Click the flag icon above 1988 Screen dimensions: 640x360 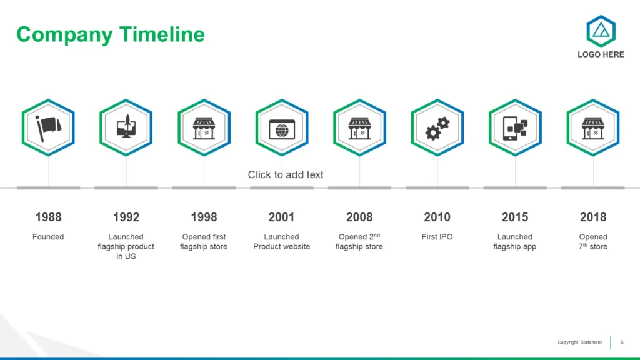[x=49, y=127]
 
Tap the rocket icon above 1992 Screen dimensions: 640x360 [x=126, y=126]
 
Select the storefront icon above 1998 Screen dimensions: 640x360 [x=204, y=128]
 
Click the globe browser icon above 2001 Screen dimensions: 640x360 [x=282, y=130]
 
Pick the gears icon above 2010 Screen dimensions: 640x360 [x=437, y=129]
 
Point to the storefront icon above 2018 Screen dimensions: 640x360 [x=593, y=128]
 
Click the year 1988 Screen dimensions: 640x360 [x=48, y=217]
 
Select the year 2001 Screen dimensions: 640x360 [x=282, y=217]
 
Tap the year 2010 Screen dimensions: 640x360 [x=437, y=217]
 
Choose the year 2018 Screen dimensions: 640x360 [x=593, y=217]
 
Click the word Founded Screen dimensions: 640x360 [x=48, y=237]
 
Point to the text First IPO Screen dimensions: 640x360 [x=437, y=237]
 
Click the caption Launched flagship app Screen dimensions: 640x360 [x=515, y=242]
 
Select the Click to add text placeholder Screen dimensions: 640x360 [x=286, y=175]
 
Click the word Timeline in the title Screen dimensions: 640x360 [x=162, y=34]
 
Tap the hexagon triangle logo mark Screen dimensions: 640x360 [x=601, y=31]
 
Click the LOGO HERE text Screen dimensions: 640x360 [x=601, y=55]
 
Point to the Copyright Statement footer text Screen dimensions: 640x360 [x=579, y=342]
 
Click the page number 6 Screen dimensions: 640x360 [x=622, y=342]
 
